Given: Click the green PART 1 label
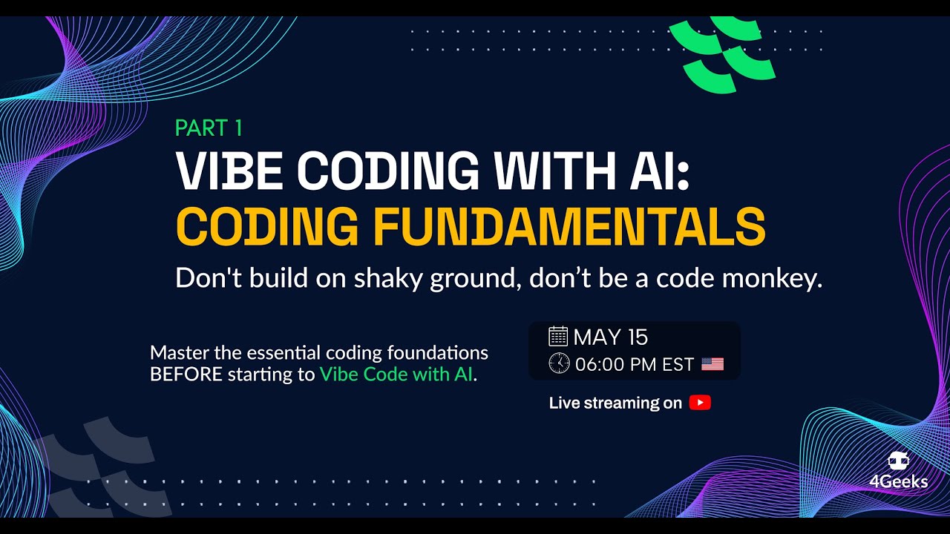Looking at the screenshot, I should (209, 128).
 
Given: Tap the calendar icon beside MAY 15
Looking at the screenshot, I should (558, 337).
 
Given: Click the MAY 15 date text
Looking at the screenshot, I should (611, 337).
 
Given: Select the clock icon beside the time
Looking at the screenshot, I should (559, 363).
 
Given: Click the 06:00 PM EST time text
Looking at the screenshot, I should (634, 364).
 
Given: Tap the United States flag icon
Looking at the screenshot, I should (712, 364).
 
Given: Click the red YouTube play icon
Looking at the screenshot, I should (700, 403).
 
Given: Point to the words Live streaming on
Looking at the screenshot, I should (615, 403).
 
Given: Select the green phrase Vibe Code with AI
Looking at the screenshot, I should (396, 375).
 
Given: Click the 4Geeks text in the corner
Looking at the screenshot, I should (899, 482).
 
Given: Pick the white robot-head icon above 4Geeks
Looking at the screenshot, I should (899, 461).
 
